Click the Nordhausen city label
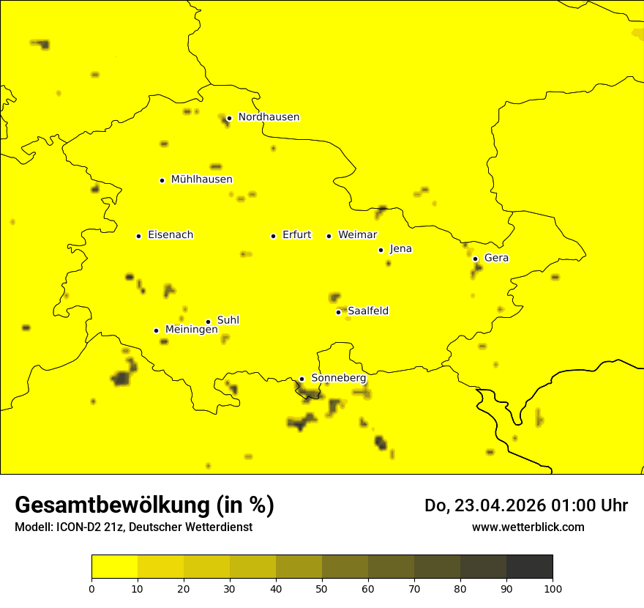[x=269, y=117]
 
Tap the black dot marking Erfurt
[x=273, y=236]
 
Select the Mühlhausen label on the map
[x=201, y=179]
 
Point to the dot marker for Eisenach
[x=138, y=236]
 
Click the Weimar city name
[x=357, y=235]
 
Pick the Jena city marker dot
[x=381, y=250]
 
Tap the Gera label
[x=496, y=258]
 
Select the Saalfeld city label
[x=367, y=311]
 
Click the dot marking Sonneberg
[x=302, y=379]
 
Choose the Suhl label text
[x=228, y=320]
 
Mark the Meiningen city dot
[x=156, y=330]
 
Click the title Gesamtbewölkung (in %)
[x=144, y=505]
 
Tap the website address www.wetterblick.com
[x=528, y=527]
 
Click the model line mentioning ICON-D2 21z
[x=133, y=527]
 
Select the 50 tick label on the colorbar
[x=322, y=587]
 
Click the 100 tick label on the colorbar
[x=553, y=587]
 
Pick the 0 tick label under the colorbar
[x=91, y=587]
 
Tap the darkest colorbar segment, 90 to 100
[x=529, y=566]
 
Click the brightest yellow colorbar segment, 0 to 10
[x=114, y=566]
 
